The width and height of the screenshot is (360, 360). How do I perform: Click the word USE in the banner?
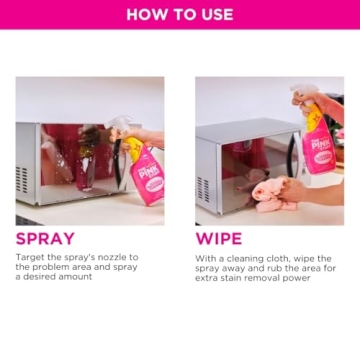(215, 15)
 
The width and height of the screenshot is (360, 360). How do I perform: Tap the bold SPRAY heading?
(45, 239)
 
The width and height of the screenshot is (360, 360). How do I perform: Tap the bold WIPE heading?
(219, 239)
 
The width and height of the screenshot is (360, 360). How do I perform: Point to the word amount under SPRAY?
(76, 276)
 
